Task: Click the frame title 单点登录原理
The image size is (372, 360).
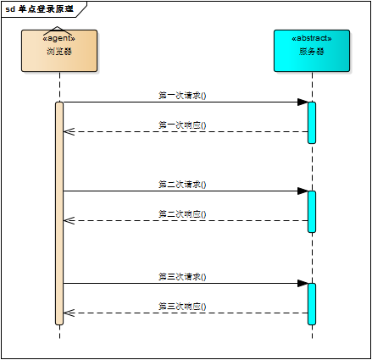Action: click(x=45, y=8)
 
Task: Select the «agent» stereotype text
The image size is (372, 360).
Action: click(x=59, y=38)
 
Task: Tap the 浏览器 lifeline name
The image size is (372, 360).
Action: click(x=59, y=52)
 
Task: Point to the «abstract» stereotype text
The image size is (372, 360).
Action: click(x=312, y=38)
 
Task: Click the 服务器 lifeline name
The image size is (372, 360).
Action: click(x=312, y=52)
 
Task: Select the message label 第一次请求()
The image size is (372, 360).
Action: click(x=182, y=96)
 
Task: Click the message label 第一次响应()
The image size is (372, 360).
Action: click(x=182, y=125)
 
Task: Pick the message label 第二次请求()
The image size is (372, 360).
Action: click(x=182, y=184)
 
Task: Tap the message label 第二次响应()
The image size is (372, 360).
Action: click(x=182, y=214)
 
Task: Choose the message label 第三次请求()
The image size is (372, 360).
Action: click(x=182, y=276)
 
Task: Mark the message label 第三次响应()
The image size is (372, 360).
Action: click(x=182, y=307)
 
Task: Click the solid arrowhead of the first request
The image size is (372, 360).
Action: click(x=303, y=102)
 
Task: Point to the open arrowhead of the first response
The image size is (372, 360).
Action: click(x=69, y=131)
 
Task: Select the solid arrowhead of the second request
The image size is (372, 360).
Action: click(x=303, y=191)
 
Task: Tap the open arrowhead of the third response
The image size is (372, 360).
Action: click(x=69, y=313)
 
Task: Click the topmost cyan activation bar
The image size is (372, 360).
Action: click(x=312, y=122)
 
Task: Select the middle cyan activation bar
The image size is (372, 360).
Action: click(x=312, y=211)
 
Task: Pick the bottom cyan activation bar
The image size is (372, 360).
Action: click(x=312, y=303)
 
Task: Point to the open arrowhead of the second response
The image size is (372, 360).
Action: click(x=69, y=220)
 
